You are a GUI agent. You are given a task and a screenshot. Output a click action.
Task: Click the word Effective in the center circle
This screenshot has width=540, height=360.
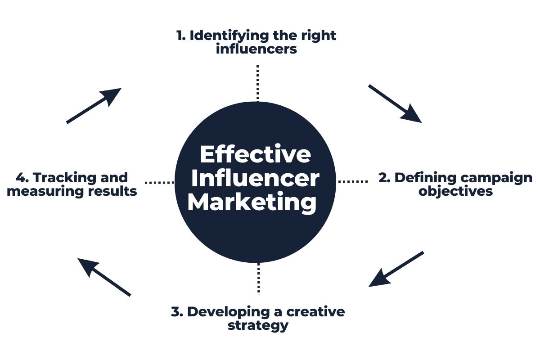pos(255,154)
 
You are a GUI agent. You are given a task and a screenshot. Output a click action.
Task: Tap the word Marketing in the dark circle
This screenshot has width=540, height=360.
pos(252,202)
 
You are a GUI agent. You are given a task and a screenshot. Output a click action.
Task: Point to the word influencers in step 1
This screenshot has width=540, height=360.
pos(256,49)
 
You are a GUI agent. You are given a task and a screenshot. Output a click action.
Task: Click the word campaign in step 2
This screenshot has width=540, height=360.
pos(496,179)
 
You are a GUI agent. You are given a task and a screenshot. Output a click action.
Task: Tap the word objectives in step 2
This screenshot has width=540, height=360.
pos(455,192)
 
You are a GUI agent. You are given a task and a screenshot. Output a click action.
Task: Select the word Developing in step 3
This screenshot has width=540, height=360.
pos(228,312)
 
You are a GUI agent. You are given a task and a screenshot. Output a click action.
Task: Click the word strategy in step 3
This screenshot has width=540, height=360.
pos(258,326)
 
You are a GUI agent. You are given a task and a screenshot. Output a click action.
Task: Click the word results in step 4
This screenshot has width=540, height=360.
pos(112,191)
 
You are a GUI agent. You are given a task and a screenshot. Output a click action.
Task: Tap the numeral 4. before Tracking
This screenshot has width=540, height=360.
pos(22,178)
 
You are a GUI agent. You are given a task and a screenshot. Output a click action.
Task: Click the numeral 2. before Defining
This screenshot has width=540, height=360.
pos(384,178)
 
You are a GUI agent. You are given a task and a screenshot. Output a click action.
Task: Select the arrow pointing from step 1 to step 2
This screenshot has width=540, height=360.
pos(395,104)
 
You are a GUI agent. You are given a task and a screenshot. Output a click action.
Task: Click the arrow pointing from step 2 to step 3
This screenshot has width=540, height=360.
pos(396,269)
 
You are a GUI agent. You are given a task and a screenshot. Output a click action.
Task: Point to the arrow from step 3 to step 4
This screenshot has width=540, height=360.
pos(104,277)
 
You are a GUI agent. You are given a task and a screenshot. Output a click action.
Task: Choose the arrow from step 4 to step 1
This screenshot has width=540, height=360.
pos(94,106)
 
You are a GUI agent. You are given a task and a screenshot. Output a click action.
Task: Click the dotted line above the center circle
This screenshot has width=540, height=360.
pos(258,82)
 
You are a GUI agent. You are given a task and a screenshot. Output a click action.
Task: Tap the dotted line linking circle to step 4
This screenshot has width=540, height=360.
pos(159,183)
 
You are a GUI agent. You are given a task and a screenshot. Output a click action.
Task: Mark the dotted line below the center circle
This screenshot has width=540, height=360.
pos(259,279)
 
